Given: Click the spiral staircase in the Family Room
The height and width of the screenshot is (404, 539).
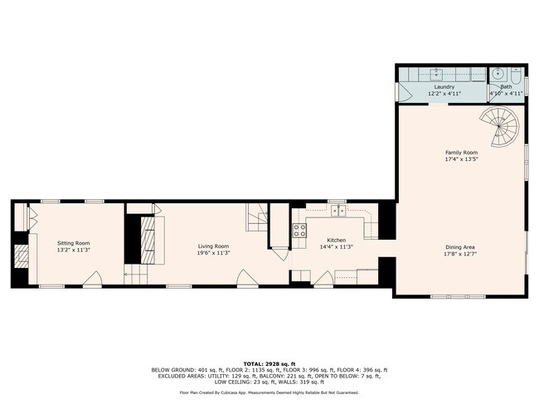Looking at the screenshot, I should (501, 129).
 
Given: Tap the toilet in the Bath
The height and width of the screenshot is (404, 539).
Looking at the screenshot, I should (516, 74).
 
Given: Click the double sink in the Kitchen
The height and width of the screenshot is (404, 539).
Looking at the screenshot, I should (339, 212).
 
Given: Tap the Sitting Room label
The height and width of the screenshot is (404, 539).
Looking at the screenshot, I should (73, 243).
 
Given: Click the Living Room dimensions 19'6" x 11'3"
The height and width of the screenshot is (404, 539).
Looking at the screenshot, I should (212, 252).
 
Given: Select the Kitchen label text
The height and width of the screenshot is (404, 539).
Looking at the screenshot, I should (325, 241).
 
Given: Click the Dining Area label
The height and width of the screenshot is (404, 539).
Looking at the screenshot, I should (460, 248).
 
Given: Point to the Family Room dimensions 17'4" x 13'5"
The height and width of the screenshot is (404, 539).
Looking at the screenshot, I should (461, 158).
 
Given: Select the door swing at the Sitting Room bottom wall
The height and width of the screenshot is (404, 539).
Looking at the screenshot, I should (95, 279).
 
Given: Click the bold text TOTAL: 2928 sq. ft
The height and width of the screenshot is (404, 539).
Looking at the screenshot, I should (269, 363).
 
